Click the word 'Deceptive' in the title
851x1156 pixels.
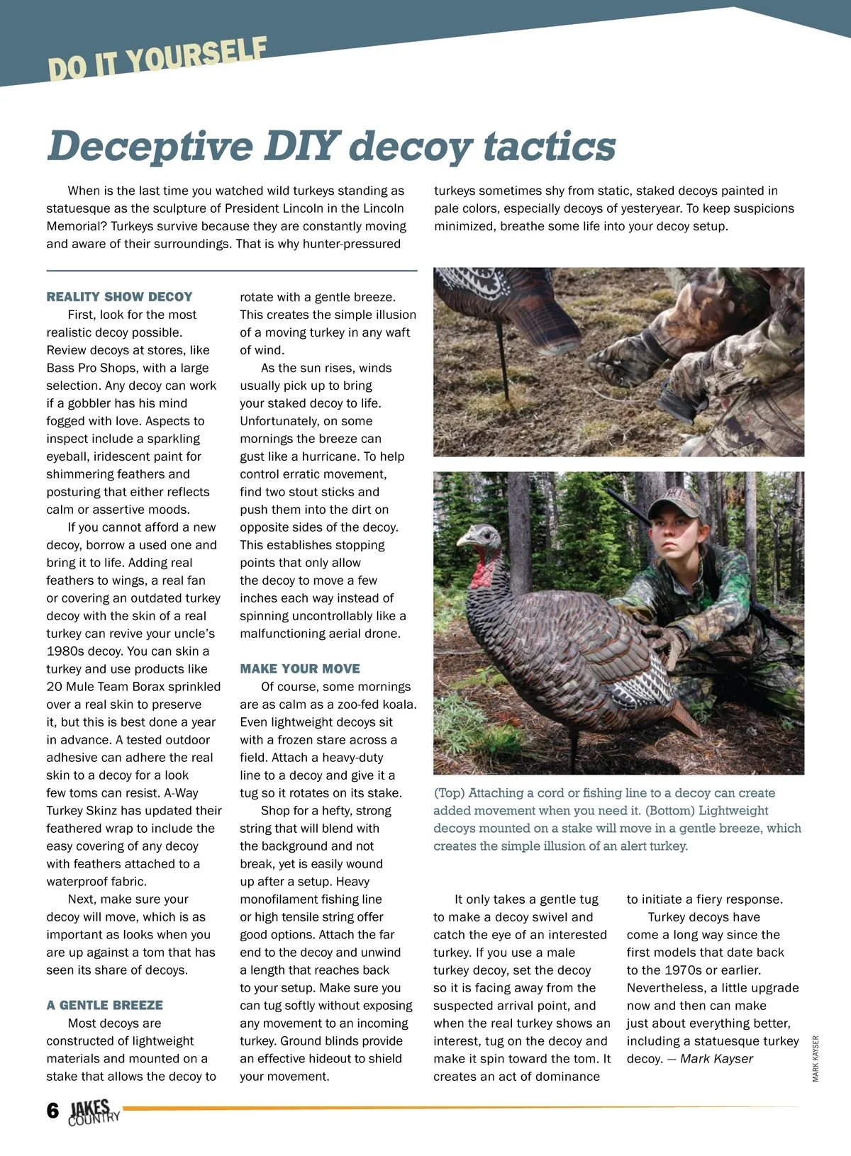click(x=150, y=146)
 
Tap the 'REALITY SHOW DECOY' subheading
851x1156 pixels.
click(x=119, y=297)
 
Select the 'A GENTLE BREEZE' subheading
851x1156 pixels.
click(x=104, y=1005)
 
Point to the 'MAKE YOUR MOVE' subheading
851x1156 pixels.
click(x=300, y=668)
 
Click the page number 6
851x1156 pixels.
click(x=52, y=1110)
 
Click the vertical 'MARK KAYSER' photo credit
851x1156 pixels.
click(x=816, y=1058)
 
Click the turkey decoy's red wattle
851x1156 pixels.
click(x=484, y=570)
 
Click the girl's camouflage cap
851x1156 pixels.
click(x=670, y=500)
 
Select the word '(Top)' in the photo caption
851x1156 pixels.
click(x=449, y=793)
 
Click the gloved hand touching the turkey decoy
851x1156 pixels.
click(x=667, y=641)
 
